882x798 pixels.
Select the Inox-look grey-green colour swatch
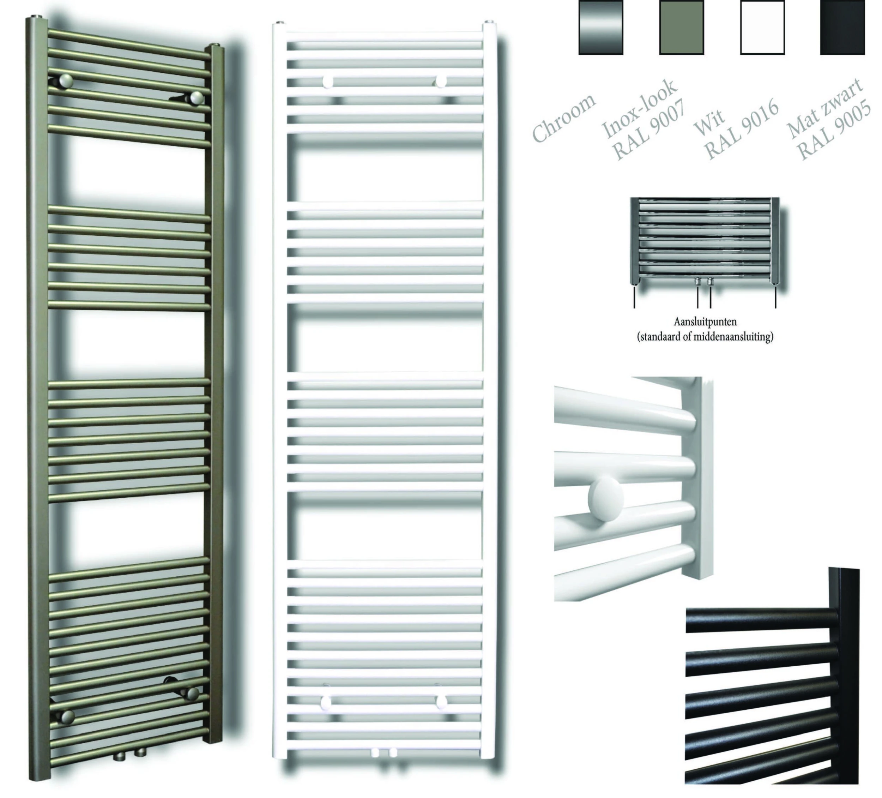(x=681, y=28)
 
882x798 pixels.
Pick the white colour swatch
(x=762, y=28)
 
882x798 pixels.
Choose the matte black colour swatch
(x=842, y=28)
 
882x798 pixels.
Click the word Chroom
(x=563, y=118)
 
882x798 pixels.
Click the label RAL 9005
(x=833, y=131)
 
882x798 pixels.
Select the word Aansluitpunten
(x=705, y=322)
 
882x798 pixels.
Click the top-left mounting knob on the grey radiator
(x=66, y=81)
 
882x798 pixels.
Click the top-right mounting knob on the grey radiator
(x=197, y=98)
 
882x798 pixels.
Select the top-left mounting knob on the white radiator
(x=327, y=82)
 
